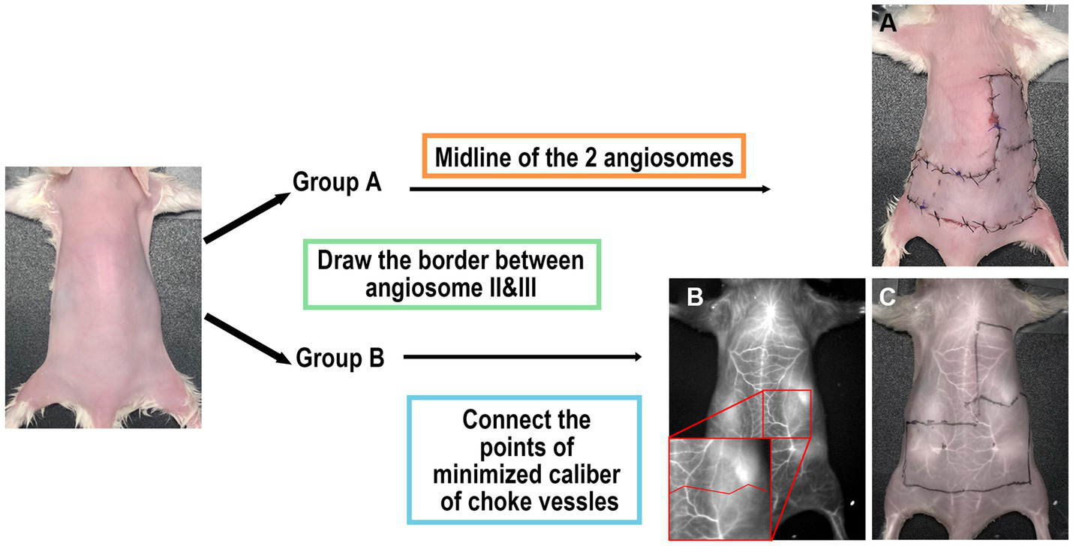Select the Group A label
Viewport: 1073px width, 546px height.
pyautogui.click(x=337, y=182)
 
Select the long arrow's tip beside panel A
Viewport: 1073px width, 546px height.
pyautogui.click(x=766, y=189)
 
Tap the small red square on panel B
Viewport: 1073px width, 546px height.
pyautogui.click(x=787, y=413)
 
